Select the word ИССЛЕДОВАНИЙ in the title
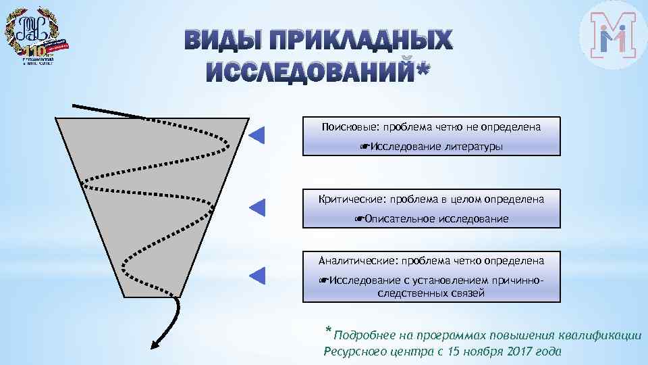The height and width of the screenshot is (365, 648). (310, 72)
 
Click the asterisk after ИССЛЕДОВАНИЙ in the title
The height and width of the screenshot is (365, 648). (423, 69)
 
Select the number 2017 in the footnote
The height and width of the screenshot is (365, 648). (512, 351)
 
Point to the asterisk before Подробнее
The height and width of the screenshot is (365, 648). (329, 331)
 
